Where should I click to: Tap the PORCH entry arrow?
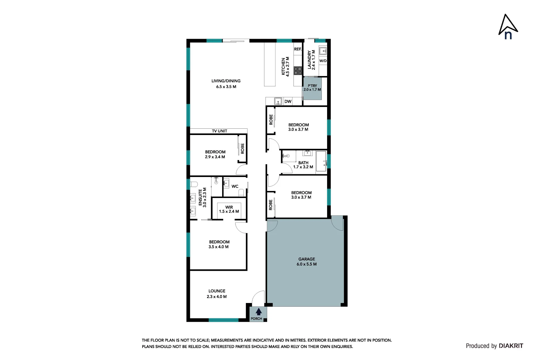259,312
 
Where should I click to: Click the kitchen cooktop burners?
298,71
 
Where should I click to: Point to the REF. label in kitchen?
298,49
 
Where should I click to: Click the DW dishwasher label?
288,101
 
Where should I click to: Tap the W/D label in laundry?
323,61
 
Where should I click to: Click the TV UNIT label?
220,131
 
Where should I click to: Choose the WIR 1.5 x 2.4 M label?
229,209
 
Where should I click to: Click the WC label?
235,186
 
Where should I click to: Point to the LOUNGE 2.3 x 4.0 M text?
217,294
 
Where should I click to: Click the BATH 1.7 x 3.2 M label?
303,165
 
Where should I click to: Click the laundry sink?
322,51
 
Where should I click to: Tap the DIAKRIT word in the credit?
511,346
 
